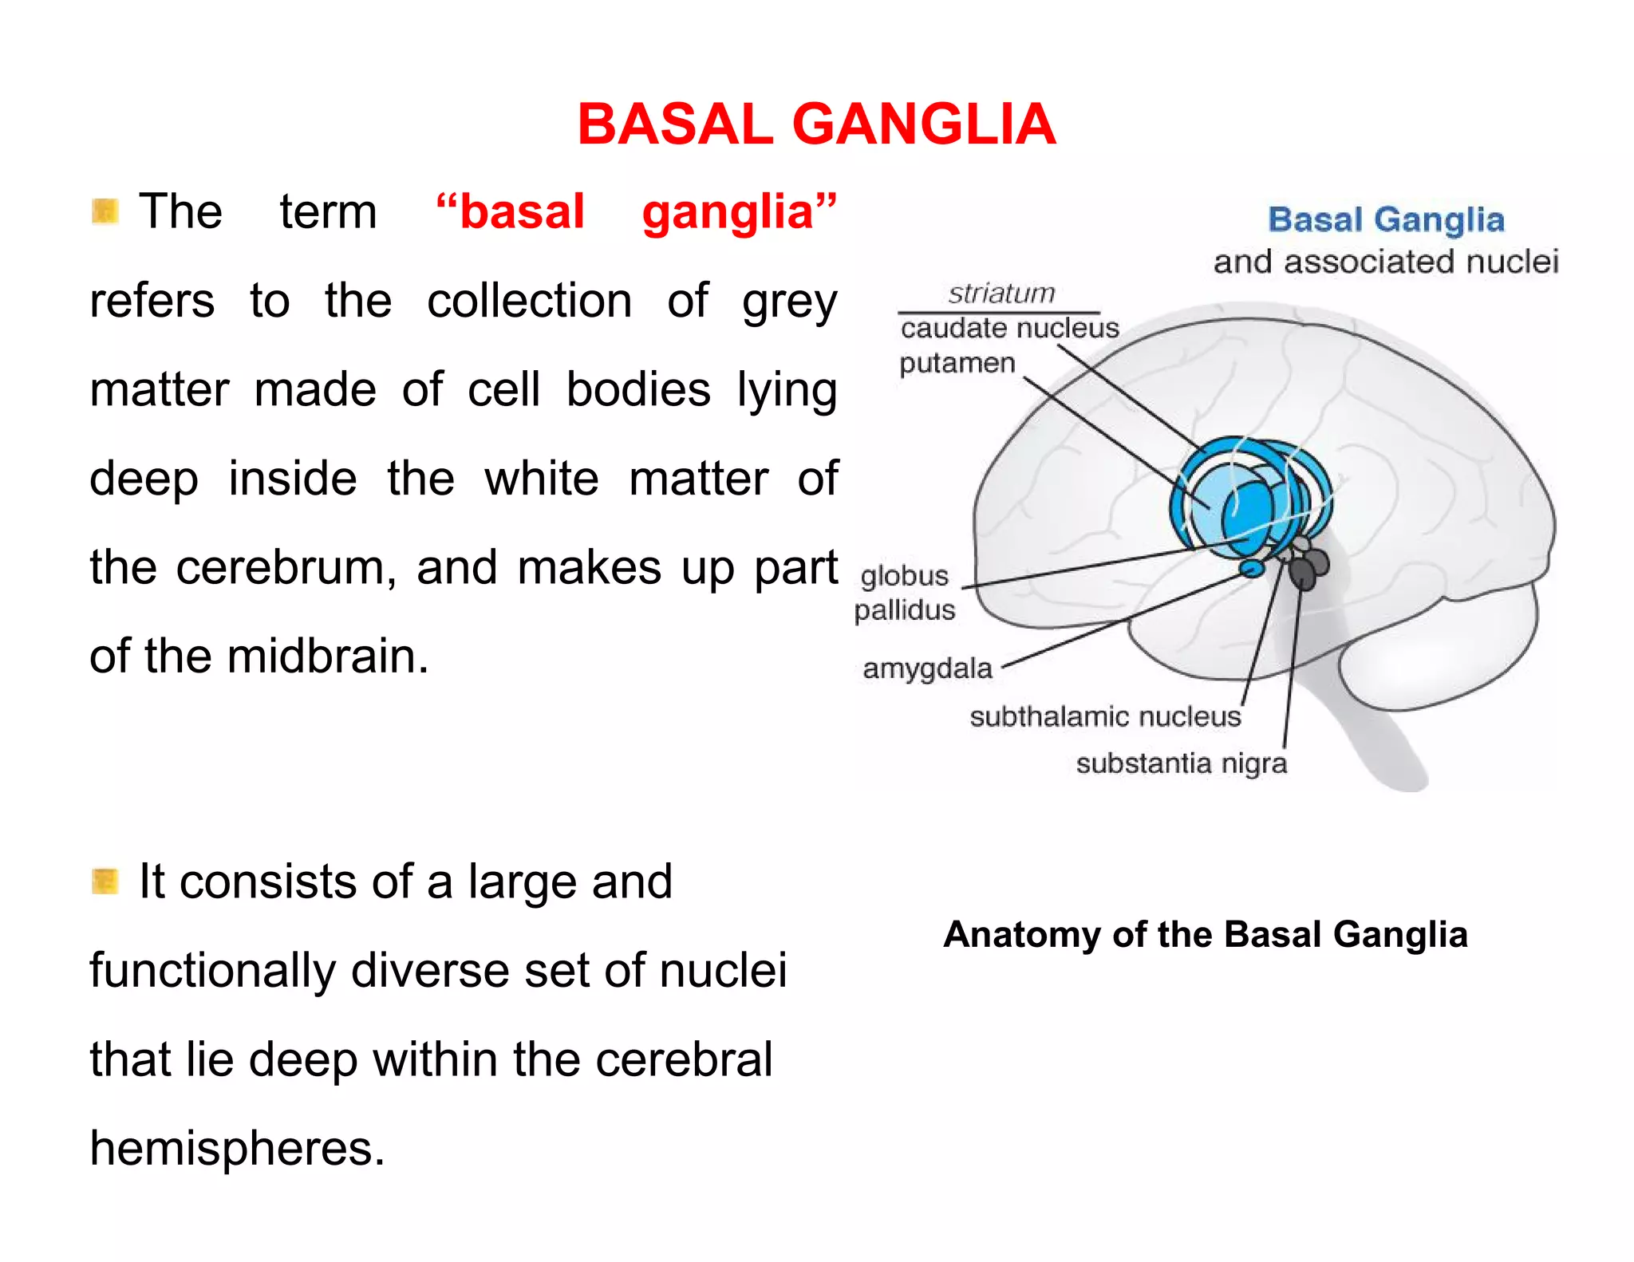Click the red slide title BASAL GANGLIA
pos(816,125)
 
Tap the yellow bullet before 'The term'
pos(105,212)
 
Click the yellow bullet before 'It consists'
pos(105,882)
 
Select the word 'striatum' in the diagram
pos(1001,294)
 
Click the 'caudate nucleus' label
pos(1009,328)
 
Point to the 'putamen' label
pos(957,363)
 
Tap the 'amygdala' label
pos(927,668)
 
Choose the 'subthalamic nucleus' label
pos(1105,716)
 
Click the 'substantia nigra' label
pos(1181,763)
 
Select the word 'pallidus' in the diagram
pos(905,610)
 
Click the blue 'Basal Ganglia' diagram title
pos(1386,219)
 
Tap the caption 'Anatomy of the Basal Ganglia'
pos(1205,934)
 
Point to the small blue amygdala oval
pos(1252,569)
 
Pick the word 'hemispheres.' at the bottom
pos(237,1149)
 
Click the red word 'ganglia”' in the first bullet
pos(739,212)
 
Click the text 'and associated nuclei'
pos(1386,262)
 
